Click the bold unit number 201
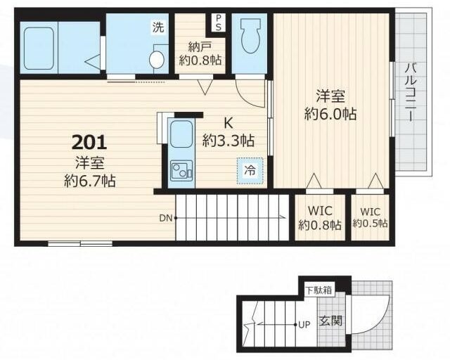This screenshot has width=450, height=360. (x=89, y=143)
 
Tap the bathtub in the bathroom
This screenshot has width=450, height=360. (x=39, y=49)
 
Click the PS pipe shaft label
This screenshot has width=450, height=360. (x=219, y=22)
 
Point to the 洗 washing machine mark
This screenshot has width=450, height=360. (x=158, y=27)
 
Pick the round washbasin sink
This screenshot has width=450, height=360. (x=157, y=60)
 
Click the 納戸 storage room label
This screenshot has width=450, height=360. (x=200, y=46)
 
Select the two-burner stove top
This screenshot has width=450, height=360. (x=181, y=171)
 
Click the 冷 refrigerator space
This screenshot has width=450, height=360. (x=250, y=171)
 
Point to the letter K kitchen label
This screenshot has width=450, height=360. (x=228, y=123)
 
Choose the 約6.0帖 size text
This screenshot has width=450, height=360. (x=330, y=114)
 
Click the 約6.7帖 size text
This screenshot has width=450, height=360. (x=90, y=181)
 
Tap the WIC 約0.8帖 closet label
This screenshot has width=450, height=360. (x=320, y=217)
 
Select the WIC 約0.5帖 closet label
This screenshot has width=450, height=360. (x=370, y=217)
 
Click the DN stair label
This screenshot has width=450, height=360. (x=166, y=218)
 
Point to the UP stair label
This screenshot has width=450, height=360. (x=304, y=325)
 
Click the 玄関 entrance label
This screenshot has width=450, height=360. (x=331, y=321)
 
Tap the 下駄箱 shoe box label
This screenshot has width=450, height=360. (x=319, y=290)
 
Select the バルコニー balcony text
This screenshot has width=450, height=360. (x=411, y=92)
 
